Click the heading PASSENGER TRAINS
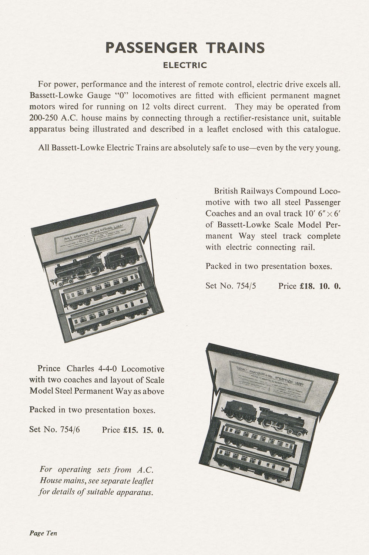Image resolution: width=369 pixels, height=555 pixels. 185,48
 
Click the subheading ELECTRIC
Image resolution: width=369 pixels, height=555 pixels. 185,65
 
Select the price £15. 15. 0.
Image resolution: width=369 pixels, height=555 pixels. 143,430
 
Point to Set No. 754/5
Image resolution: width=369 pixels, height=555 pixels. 231,286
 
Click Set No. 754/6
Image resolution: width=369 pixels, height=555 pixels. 54,430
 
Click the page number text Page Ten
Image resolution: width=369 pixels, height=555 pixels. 43,533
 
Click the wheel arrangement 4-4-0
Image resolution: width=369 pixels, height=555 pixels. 107,369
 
